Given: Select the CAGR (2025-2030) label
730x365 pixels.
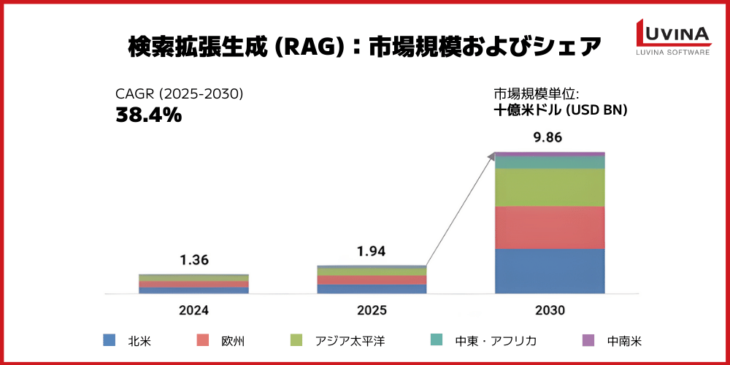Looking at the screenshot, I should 179,94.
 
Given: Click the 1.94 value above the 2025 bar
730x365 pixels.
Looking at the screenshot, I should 372,252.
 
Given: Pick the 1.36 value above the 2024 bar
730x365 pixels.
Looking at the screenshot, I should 193,261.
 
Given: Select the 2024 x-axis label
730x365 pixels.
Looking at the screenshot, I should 193,310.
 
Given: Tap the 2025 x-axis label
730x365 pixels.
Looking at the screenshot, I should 372,310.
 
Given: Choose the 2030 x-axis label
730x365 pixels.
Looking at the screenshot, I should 550,310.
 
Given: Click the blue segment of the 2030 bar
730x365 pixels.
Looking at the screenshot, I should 550,271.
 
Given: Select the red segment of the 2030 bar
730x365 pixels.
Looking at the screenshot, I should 550,227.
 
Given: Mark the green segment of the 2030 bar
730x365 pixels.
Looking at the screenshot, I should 550,187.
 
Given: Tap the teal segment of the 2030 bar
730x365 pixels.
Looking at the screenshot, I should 550,162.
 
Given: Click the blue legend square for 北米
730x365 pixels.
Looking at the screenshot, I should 109,340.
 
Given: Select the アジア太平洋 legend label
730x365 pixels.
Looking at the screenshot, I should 350,341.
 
